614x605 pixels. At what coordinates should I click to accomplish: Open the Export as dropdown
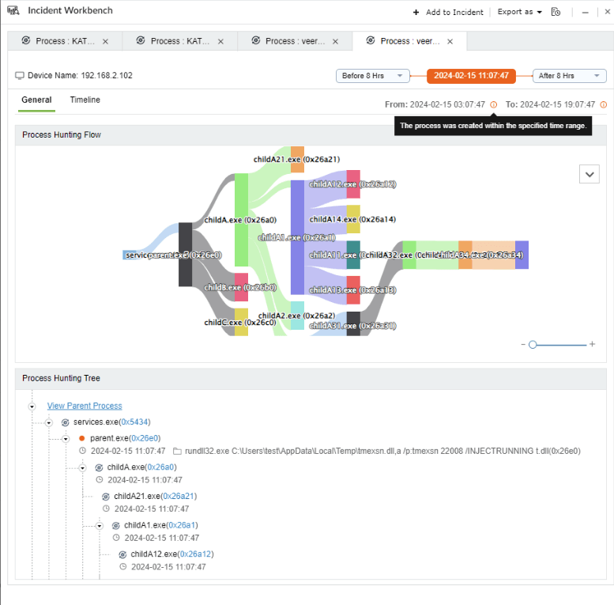519,12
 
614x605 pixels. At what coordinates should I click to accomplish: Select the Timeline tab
85,100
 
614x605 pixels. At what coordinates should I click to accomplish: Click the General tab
36,100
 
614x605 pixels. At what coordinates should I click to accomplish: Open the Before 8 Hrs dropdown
373,76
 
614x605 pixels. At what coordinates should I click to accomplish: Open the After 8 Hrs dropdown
569,76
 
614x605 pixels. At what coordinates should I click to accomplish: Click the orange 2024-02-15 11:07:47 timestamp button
471,76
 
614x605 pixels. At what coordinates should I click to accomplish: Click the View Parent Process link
85,406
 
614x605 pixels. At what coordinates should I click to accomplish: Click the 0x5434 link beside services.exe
135,422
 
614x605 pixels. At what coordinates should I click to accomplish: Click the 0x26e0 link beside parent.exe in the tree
146,437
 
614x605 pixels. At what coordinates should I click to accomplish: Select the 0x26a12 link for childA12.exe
196,554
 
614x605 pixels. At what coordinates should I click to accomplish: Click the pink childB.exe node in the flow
241,287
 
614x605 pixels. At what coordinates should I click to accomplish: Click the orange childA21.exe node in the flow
297,159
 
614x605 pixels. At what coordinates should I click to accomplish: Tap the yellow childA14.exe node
353,219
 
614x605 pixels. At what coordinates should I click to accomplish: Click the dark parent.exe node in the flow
185,255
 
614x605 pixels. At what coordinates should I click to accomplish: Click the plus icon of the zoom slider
592,344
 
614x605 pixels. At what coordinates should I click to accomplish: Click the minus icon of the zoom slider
523,344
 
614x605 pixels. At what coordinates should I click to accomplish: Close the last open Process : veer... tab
450,41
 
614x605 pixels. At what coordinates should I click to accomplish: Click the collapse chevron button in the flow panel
589,174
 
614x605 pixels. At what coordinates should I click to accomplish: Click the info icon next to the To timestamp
604,104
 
